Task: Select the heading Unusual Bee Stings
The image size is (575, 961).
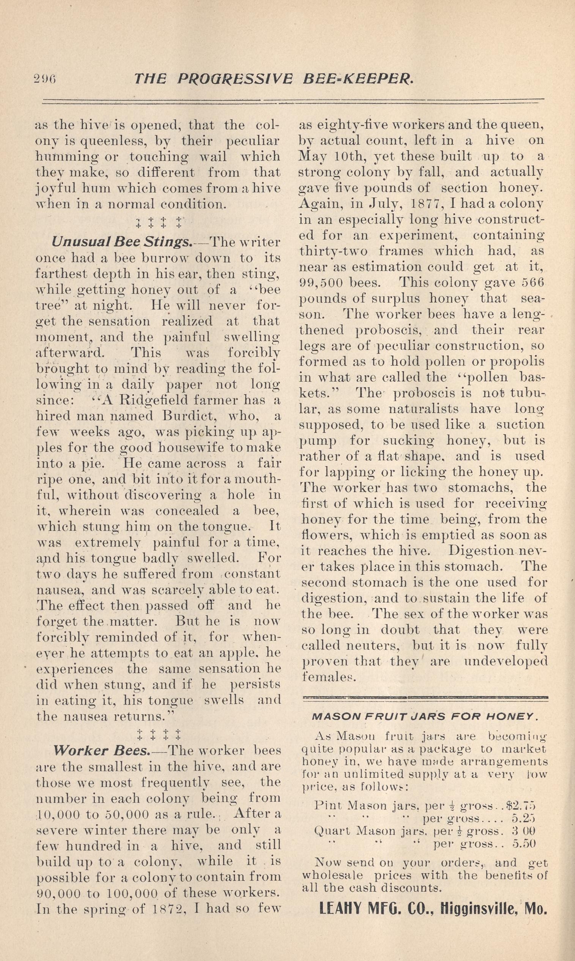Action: [121, 242]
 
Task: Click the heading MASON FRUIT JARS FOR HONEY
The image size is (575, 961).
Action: [425, 716]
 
